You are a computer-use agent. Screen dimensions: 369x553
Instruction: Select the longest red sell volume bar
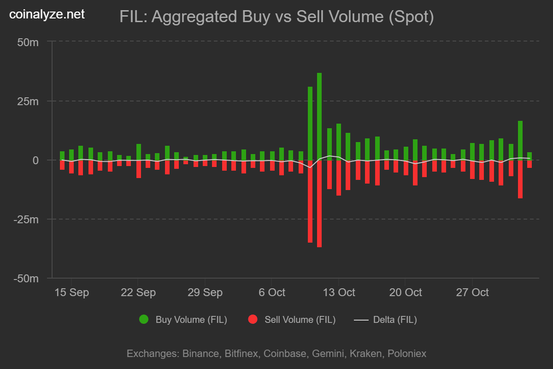pyautogui.click(x=319, y=203)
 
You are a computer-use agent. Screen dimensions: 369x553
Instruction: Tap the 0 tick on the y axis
pyautogui.click(x=35, y=161)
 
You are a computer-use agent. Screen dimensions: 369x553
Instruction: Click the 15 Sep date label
pyautogui.click(x=71, y=292)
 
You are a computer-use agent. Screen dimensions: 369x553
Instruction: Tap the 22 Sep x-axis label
pyautogui.click(x=138, y=292)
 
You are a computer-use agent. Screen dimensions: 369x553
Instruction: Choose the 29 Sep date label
pyautogui.click(x=205, y=292)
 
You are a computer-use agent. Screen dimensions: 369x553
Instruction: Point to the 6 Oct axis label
pyautogui.click(x=272, y=292)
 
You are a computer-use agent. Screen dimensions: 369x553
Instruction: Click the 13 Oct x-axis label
pyautogui.click(x=339, y=292)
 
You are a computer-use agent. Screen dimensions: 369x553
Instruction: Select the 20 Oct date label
pyautogui.click(x=406, y=292)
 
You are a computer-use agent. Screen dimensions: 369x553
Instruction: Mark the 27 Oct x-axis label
pyautogui.click(x=472, y=292)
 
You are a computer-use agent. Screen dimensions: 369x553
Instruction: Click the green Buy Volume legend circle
pyautogui.click(x=144, y=320)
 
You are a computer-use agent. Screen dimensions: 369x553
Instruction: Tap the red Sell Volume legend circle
pyautogui.click(x=253, y=320)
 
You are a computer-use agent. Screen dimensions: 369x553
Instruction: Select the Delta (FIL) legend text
pyautogui.click(x=395, y=320)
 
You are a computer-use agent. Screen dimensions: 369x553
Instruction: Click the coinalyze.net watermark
pyautogui.click(x=47, y=14)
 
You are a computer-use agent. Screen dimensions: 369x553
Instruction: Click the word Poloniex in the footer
pyautogui.click(x=407, y=354)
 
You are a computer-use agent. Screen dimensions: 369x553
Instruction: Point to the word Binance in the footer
pyautogui.click(x=200, y=354)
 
